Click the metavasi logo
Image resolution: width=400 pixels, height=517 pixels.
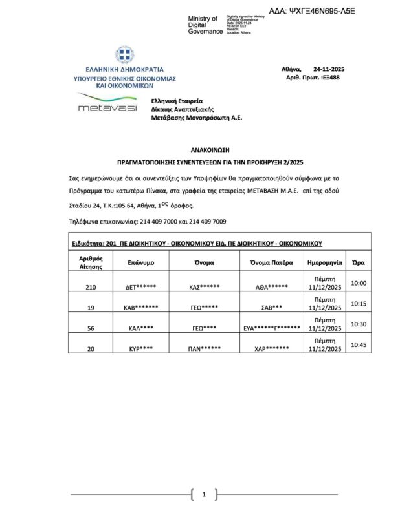click(x=107, y=105)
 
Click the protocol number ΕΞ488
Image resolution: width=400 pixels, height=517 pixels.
click(x=331, y=78)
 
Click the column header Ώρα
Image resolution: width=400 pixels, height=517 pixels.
click(x=357, y=263)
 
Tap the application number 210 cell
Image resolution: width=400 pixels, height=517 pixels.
click(x=91, y=286)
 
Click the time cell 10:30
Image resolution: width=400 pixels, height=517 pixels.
click(x=359, y=324)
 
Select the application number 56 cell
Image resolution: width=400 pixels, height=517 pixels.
click(x=91, y=328)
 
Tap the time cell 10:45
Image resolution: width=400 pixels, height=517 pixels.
click(x=359, y=345)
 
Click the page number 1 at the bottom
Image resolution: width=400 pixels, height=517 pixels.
click(x=204, y=495)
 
